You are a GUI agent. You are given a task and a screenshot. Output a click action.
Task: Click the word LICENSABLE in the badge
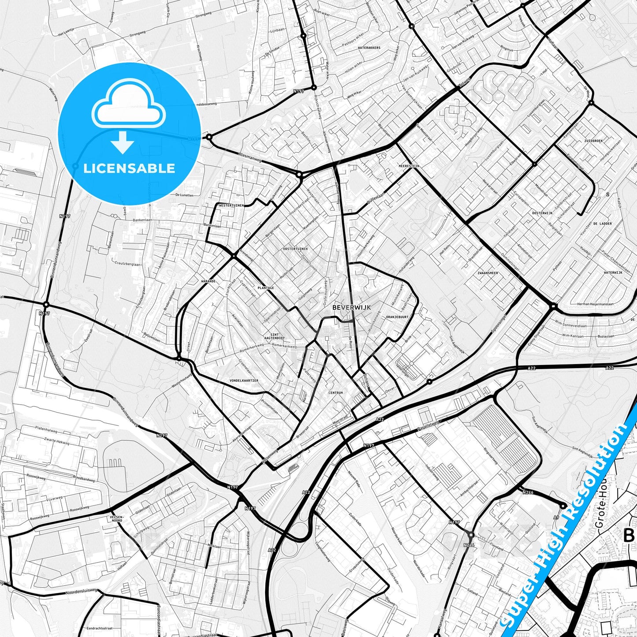[x=129, y=168]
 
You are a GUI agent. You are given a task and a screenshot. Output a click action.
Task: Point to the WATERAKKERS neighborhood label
[x=369, y=48]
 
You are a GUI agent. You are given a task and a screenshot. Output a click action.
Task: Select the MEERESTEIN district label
[x=408, y=166]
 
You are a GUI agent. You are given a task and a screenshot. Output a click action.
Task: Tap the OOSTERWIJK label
[x=542, y=213]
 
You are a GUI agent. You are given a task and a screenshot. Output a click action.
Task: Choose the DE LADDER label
[x=602, y=224]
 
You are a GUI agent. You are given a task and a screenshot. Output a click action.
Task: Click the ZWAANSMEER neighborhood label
[x=488, y=273]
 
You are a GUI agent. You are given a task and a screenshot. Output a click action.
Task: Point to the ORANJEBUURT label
[x=397, y=317]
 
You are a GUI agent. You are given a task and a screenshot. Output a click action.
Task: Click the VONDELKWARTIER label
[x=244, y=380]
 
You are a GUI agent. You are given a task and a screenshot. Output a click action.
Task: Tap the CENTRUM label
[x=335, y=392]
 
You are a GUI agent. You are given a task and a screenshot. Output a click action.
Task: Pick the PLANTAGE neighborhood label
[x=266, y=288]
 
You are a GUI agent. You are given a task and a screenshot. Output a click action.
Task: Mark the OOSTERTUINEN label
[x=295, y=249]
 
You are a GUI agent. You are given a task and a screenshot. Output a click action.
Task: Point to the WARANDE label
[x=208, y=281]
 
